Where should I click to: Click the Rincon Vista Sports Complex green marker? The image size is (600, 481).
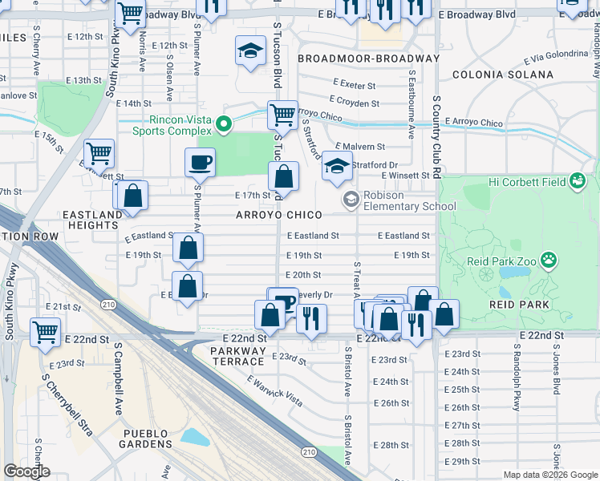click(225, 124)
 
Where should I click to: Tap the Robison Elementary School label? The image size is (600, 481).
click(409, 200)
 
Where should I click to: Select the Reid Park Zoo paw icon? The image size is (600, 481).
click(549, 259)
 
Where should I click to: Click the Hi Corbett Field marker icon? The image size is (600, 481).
click(577, 181)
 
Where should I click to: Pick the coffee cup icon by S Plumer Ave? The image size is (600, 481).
click(200, 163)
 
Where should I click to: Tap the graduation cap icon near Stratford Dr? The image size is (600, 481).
click(337, 167)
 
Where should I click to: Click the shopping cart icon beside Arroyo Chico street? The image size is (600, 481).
click(282, 115)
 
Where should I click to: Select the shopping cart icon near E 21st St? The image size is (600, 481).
click(46, 330)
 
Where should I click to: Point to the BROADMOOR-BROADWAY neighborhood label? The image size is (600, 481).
click(368, 59)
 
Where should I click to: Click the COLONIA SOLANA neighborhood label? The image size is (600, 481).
click(502, 75)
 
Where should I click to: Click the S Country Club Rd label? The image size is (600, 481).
click(436, 136)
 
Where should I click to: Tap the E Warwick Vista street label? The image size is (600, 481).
click(274, 390)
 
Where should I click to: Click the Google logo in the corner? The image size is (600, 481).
click(27, 471)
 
